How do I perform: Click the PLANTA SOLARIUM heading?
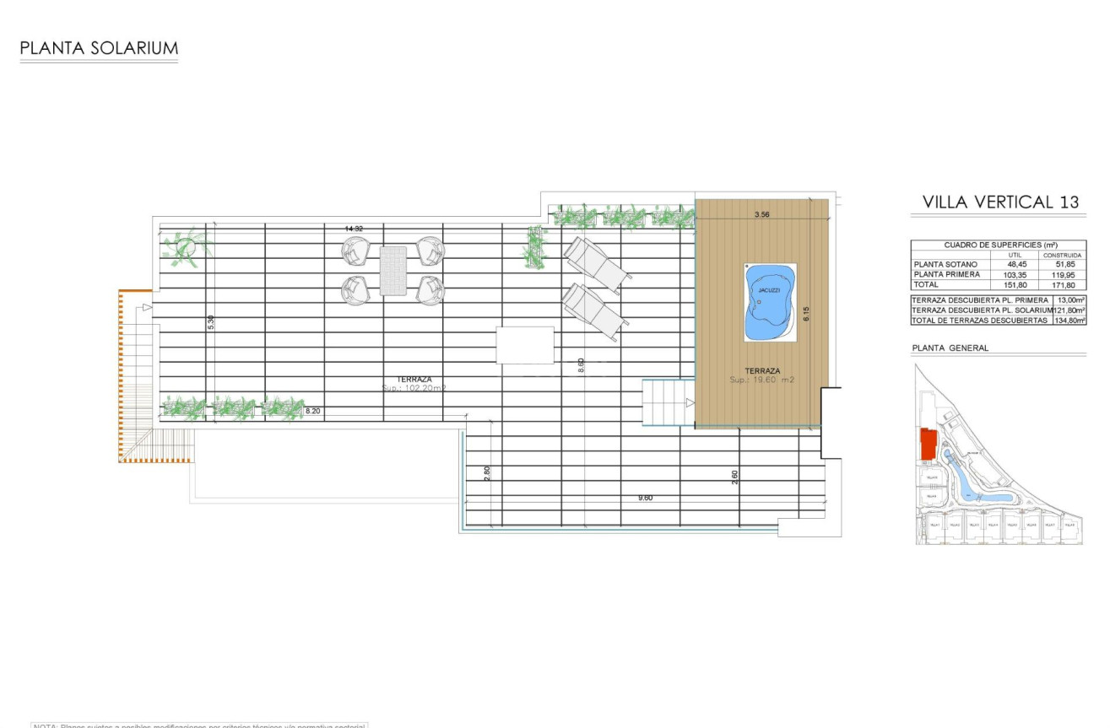coord(99,48)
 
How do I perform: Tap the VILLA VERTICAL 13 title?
coord(1000,202)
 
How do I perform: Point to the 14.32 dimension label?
coord(354,229)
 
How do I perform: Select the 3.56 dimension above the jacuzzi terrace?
coord(762,215)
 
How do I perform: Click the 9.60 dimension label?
coord(645,499)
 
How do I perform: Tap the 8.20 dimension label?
coord(312,411)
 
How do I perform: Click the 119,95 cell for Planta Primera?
coord(1062,274)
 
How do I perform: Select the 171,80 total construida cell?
coord(1062,285)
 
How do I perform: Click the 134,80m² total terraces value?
coord(1069,321)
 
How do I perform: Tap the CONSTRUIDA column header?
coord(1062,254)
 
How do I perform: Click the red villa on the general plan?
coord(928,444)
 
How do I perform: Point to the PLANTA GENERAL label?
coord(950,348)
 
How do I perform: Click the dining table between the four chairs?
coord(393,270)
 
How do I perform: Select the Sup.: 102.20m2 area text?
coord(414,389)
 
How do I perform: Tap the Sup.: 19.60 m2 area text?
coord(762,380)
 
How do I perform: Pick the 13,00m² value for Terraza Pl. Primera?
coord(1069,300)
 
